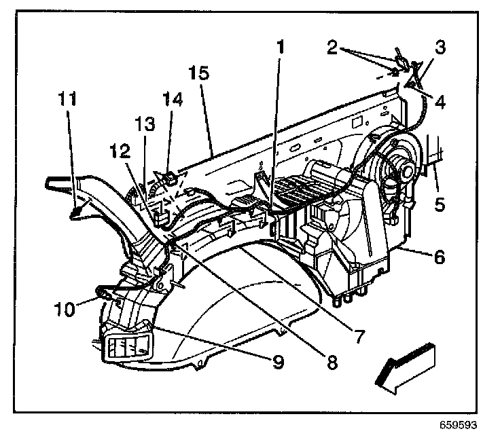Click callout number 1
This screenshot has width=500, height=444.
point(280,47)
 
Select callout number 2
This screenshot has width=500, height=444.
point(332,48)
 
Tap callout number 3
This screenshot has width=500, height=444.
point(440,47)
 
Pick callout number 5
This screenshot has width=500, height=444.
point(440,204)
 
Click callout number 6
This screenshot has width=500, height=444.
point(440,257)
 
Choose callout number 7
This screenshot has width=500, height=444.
point(359,335)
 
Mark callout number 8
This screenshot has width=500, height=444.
point(332,362)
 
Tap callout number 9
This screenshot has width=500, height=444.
point(278,362)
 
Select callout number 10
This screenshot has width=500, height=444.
point(65,309)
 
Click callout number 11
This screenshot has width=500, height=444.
point(67,99)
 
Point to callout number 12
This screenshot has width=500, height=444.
point(120,151)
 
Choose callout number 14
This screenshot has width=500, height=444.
point(173,99)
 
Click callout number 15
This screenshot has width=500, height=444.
point(198,73)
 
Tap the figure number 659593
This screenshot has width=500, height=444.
point(459,425)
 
